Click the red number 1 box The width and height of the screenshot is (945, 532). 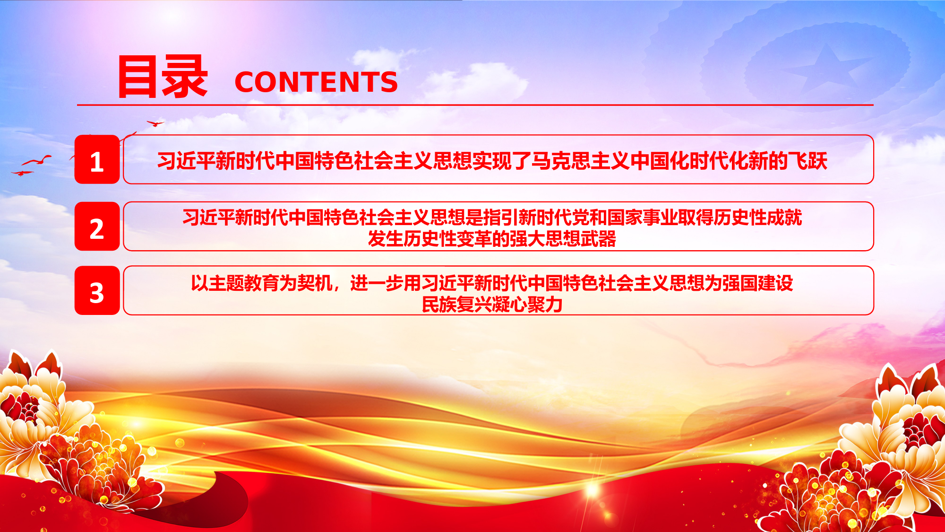pyautogui.click(x=97, y=159)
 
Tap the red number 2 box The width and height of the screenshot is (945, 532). pyautogui.click(x=97, y=226)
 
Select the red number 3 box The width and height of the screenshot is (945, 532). pyautogui.click(x=97, y=290)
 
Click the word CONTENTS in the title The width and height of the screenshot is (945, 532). pyautogui.click(x=316, y=82)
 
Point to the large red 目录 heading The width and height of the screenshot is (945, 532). pyautogui.click(x=163, y=76)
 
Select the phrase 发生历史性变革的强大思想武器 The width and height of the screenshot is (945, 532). pyautogui.click(x=492, y=239)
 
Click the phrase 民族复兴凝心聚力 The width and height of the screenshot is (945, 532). pyautogui.click(x=492, y=304)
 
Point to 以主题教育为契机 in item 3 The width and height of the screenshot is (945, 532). pyautogui.click(x=262, y=283)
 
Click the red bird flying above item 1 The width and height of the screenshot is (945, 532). pyautogui.click(x=155, y=123)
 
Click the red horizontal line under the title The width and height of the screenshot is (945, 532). pyautogui.click(x=475, y=105)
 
